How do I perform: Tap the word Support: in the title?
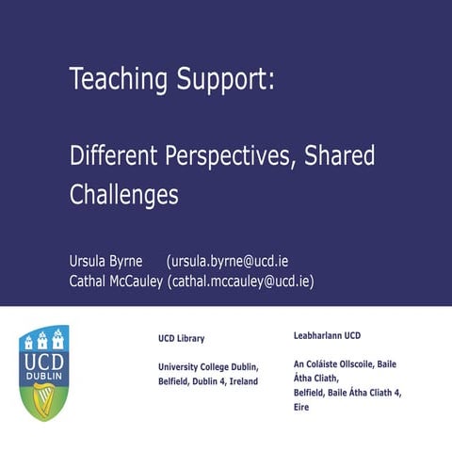click(225, 81)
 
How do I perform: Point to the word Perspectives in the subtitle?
click(231, 155)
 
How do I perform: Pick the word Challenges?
click(124, 195)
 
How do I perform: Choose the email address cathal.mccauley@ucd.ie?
click(241, 282)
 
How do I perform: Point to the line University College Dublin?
click(208, 365)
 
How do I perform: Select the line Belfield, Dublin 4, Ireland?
click(207, 381)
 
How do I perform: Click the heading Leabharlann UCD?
click(327, 335)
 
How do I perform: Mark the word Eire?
click(302, 408)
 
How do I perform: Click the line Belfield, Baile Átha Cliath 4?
click(348, 393)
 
